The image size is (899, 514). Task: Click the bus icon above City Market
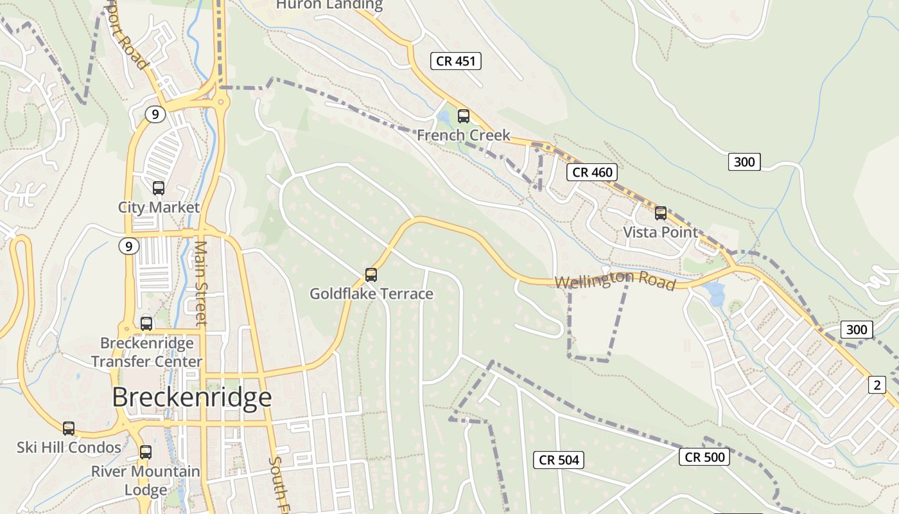point(158,188)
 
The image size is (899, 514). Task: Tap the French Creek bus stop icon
point(463,116)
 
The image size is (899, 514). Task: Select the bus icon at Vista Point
point(661,213)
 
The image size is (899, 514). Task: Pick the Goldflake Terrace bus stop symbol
point(371,275)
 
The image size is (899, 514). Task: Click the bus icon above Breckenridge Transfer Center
point(146,324)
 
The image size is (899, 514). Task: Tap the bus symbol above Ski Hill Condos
point(68,429)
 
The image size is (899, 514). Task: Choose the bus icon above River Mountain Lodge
point(146,452)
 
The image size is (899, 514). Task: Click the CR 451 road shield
point(455,61)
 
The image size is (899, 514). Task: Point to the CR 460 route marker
point(593,172)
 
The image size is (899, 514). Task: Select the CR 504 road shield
point(559,459)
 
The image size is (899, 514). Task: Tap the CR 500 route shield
point(704,457)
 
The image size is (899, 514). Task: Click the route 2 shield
point(877,385)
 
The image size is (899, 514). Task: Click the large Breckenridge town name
point(192,398)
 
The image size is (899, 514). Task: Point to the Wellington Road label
point(615,280)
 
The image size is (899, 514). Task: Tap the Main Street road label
point(201,283)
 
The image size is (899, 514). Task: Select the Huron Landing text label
point(329,5)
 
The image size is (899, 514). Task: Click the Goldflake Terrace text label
point(371,294)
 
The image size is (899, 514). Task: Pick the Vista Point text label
point(660,232)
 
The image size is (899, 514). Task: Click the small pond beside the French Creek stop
point(443,118)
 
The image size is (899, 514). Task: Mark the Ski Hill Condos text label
point(69,447)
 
